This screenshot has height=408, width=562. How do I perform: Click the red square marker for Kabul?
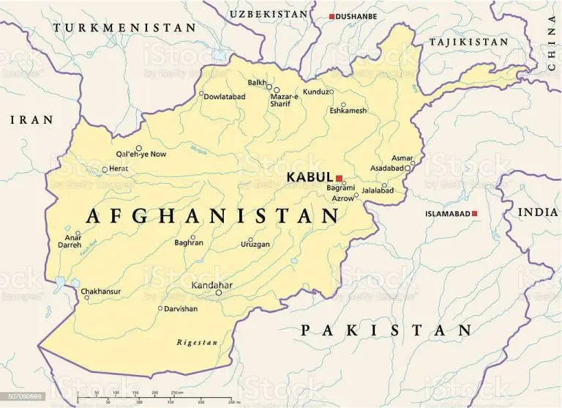pos(340,177)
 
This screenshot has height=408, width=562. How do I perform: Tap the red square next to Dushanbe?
pos(331,16)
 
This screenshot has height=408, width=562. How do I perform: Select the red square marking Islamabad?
pos(475,213)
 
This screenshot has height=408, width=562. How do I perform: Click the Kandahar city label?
pos(212,284)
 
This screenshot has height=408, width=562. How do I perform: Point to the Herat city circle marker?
pos(105,169)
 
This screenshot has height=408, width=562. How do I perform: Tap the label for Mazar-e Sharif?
pos(285,100)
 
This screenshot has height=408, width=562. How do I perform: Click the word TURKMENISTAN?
pos(125,28)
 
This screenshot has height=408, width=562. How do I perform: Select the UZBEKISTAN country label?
pos(269,14)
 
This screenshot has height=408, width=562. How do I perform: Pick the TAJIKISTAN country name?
pos(468,42)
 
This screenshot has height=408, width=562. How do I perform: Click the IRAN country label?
pos(31,119)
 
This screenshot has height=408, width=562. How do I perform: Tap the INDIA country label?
pos(538,212)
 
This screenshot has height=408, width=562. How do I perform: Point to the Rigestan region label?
pos(197,342)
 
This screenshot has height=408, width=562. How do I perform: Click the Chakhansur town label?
pos(101,291)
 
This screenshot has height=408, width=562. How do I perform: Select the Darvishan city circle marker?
pos(160,308)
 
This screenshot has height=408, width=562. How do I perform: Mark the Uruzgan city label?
pos(255,244)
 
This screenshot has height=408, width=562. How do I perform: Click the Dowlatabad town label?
pos(225,97)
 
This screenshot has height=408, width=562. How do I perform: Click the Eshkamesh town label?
pos(348,111)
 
